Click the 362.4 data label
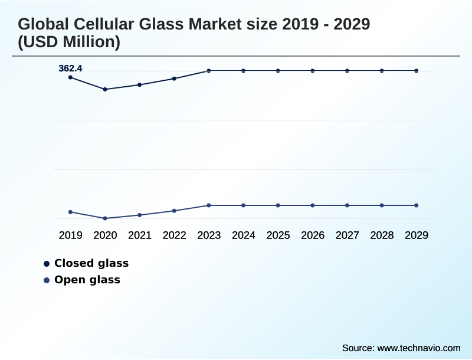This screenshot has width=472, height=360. point(70,68)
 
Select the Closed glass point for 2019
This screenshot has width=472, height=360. point(70,77)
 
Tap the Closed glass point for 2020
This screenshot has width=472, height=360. point(105,89)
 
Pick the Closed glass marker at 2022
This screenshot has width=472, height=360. point(174,78)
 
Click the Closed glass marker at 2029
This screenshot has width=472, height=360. point(416,71)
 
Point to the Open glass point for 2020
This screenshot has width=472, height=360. point(105,218)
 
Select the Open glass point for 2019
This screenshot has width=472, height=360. point(70,212)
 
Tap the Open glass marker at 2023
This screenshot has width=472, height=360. point(209,205)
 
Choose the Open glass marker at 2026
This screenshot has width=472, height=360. point(313,205)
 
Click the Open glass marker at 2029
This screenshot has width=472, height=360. point(416,205)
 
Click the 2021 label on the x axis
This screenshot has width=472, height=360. point(140,235)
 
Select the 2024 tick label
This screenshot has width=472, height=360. point(243,235)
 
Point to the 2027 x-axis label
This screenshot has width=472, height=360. point(347,235)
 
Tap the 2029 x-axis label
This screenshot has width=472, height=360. point(416,235)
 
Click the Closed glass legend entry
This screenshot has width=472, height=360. point(91,263)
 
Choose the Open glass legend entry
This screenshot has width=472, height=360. point(87,280)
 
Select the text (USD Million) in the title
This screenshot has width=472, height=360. point(69,42)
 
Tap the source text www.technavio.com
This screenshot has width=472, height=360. point(418,348)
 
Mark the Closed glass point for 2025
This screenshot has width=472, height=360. point(278,71)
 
